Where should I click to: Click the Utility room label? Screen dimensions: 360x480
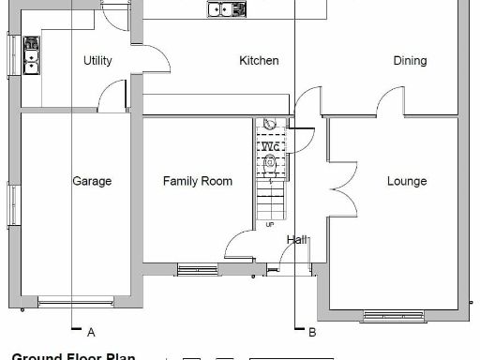[97, 61]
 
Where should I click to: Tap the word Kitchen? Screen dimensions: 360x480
[259, 61]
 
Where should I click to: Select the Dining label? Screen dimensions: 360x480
[410, 61]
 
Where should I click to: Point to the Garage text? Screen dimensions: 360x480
[92, 181]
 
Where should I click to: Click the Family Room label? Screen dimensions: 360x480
[197, 181]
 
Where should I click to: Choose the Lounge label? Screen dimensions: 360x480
[407, 181]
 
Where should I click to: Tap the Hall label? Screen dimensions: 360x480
[297, 240]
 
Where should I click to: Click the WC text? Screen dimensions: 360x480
[270, 146]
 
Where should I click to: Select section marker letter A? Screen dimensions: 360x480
[91, 332]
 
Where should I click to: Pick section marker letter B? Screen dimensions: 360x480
[312, 332]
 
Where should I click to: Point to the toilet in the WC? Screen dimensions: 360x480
[270, 162]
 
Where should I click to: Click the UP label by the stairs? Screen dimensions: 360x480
[270, 225]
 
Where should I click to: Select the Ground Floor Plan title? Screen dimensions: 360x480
[73, 356]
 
